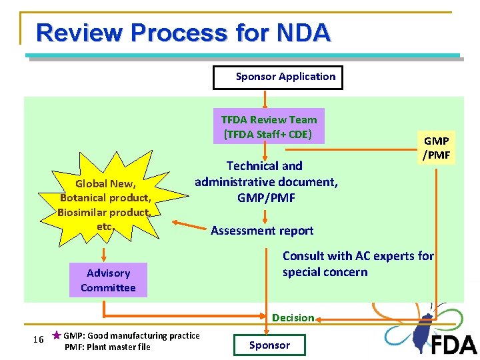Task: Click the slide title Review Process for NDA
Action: tap(183, 33)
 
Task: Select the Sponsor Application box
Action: tap(278, 77)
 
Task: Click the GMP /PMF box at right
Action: tap(437, 148)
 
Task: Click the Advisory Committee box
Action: tap(108, 281)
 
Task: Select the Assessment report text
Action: tap(262, 231)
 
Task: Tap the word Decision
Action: tap(293, 318)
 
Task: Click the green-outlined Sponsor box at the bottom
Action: tap(269, 345)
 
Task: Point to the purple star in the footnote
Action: tap(57, 335)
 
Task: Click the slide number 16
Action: tap(39, 340)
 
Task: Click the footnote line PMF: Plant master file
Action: tap(107, 347)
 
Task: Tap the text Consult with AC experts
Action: tap(358, 256)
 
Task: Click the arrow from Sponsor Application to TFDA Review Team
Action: tap(265, 99)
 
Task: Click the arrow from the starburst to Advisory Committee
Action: tap(104, 254)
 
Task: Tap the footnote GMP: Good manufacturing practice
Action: tap(131, 335)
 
